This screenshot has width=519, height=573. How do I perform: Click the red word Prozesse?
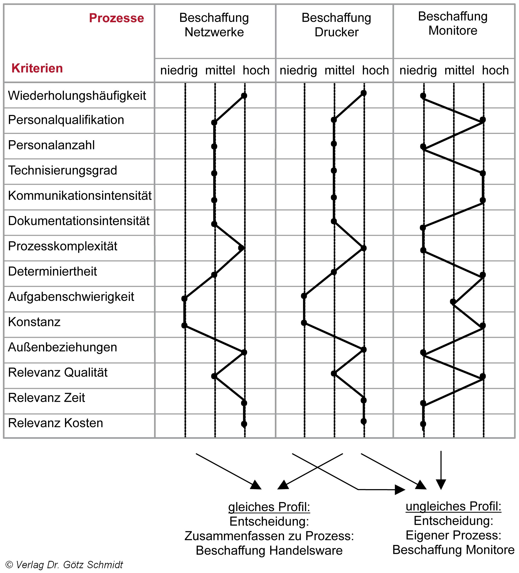click(x=116, y=18)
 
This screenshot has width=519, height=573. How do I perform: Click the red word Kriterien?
click(x=37, y=68)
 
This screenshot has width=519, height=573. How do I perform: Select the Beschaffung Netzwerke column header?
click(x=214, y=25)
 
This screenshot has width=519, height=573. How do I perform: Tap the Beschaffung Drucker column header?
click(x=336, y=25)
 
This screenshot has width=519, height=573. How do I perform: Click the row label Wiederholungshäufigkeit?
click(x=77, y=96)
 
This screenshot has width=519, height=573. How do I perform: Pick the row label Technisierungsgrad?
click(x=62, y=171)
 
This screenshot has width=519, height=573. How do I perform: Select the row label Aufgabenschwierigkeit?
click(x=71, y=297)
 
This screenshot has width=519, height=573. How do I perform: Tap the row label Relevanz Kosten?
click(x=55, y=423)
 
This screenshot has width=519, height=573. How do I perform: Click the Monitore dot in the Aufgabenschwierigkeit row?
click(x=453, y=302)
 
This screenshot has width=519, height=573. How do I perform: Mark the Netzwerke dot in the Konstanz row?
click(x=184, y=325)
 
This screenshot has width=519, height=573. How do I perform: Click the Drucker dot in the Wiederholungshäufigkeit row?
click(x=364, y=93)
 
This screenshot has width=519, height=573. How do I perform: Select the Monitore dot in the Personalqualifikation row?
click(x=483, y=120)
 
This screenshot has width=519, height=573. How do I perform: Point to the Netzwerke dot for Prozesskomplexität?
click(x=241, y=248)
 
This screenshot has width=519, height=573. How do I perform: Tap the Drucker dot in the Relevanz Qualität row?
click(x=334, y=373)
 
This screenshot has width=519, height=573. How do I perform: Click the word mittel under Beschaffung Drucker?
click(x=339, y=70)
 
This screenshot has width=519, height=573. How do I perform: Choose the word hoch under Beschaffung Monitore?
click(x=495, y=70)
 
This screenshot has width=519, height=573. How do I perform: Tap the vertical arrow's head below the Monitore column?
click(x=441, y=484)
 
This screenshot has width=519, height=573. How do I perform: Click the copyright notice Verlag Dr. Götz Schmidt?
click(x=64, y=565)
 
